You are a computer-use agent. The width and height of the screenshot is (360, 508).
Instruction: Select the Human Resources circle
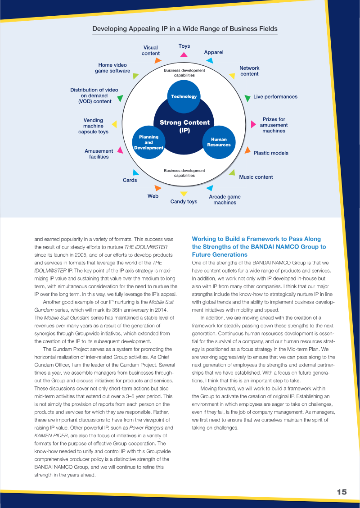pos(219,142)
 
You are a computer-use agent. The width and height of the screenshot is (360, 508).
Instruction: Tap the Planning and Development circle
pos(148,142)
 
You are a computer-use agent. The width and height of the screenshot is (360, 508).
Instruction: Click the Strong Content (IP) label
pos(184,126)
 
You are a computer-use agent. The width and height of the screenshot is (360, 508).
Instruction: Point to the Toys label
pos(184,46)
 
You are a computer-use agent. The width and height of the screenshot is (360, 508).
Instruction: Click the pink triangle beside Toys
pos(184,55)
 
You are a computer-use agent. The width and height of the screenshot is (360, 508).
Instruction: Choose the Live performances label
pos(275,97)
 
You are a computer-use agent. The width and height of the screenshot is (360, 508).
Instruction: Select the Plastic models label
pos(271,153)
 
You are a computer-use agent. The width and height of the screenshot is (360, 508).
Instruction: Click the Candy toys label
pos(184,201)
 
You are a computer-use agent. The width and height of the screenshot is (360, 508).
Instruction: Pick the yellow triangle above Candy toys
pos(184,194)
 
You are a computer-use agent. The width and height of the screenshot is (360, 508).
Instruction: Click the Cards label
pos(130,180)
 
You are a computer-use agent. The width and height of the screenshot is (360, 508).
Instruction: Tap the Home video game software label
pos(112,68)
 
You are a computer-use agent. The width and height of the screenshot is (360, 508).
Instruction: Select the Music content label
pos(256,177)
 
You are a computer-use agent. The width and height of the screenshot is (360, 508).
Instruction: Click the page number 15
pos(342,492)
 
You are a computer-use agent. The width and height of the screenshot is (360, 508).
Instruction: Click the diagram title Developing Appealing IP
pos(184,29)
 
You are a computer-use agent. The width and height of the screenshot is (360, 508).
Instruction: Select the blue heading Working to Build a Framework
pos(259,247)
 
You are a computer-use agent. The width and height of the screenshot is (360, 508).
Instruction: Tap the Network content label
pos(249,71)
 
